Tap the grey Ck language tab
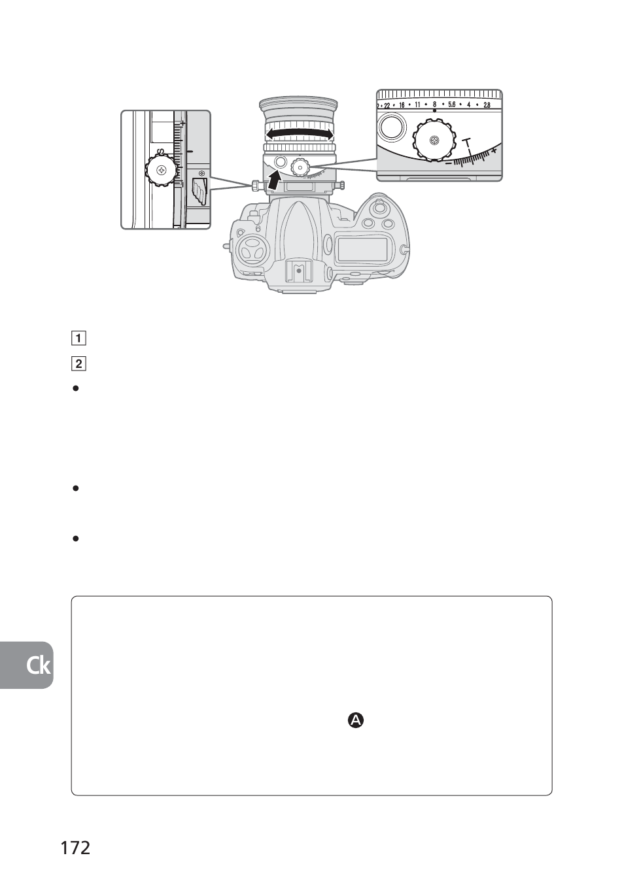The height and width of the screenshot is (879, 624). [x=26, y=665]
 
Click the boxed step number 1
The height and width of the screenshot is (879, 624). [x=78, y=338]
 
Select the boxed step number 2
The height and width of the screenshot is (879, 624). [x=78, y=364]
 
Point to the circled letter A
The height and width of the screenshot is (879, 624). [x=356, y=720]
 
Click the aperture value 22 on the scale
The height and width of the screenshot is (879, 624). [x=387, y=105]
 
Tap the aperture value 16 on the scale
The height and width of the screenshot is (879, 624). [x=402, y=105]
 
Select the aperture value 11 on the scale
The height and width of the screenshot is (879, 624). [x=417, y=105]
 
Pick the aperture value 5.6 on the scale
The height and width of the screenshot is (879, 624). [x=451, y=105]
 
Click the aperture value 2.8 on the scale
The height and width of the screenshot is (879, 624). [x=487, y=105]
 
